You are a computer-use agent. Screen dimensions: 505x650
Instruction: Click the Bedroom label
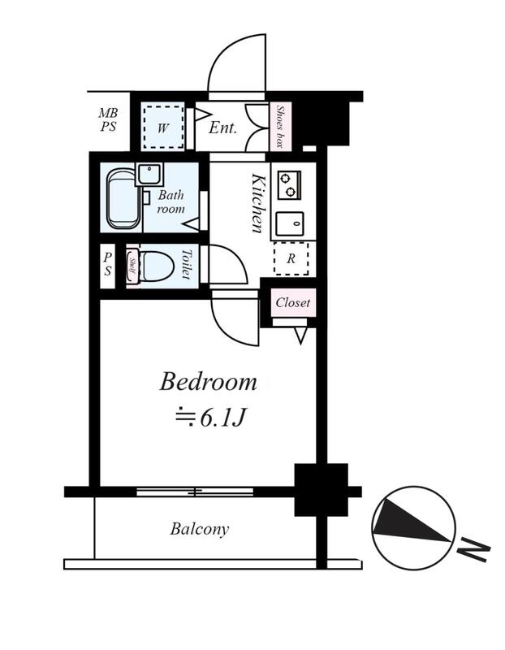(x=208, y=382)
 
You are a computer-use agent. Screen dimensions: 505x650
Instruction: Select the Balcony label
(x=199, y=530)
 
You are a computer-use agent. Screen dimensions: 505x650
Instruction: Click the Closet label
(x=292, y=302)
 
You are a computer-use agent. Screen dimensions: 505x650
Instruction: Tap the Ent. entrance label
(x=222, y=128)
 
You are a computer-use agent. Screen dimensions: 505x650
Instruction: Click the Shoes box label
(x=280, y=127)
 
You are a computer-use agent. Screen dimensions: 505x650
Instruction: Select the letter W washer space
(x=163, y=128)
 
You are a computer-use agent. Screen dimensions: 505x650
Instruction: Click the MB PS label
(x=108, y=119)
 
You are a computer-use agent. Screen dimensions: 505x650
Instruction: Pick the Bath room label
(x=170, y=201)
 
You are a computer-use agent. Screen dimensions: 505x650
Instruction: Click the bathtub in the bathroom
(x=125, y=199)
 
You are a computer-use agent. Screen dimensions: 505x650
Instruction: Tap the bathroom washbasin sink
(x=149, y=175)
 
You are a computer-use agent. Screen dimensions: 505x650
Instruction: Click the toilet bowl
(x=157, y=266)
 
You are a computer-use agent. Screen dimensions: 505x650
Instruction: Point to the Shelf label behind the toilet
(x=132, y=266)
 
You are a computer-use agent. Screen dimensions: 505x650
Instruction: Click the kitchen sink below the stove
(x=290, y=224)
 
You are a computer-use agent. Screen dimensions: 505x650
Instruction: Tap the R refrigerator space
(x=291, y=258)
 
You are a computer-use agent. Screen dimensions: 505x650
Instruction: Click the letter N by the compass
(x=474, y=550)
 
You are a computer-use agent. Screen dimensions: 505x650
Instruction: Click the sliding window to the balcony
(x=195, y=492)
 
